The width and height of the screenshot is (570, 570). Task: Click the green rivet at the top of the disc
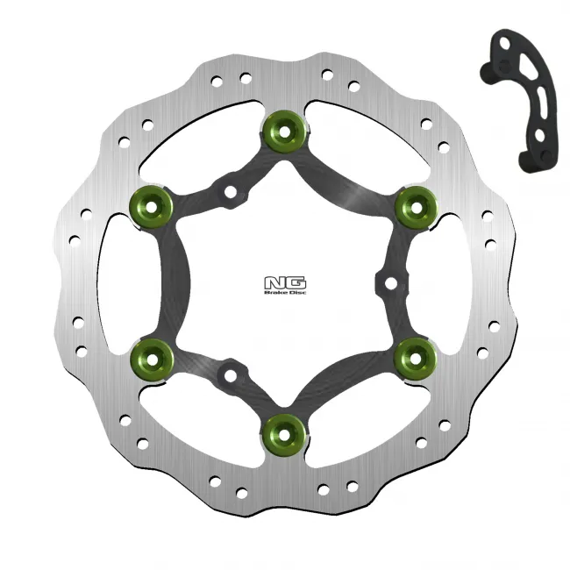click(x=284, y=131)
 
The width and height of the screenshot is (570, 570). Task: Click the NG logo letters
click(x=284, y=282)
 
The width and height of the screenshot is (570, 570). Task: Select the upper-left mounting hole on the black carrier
click(x=230, y=190)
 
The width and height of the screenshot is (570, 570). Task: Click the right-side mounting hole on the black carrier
click(x=388, y=282)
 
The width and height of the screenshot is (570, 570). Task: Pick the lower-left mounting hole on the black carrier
click(x=230, y=374)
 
